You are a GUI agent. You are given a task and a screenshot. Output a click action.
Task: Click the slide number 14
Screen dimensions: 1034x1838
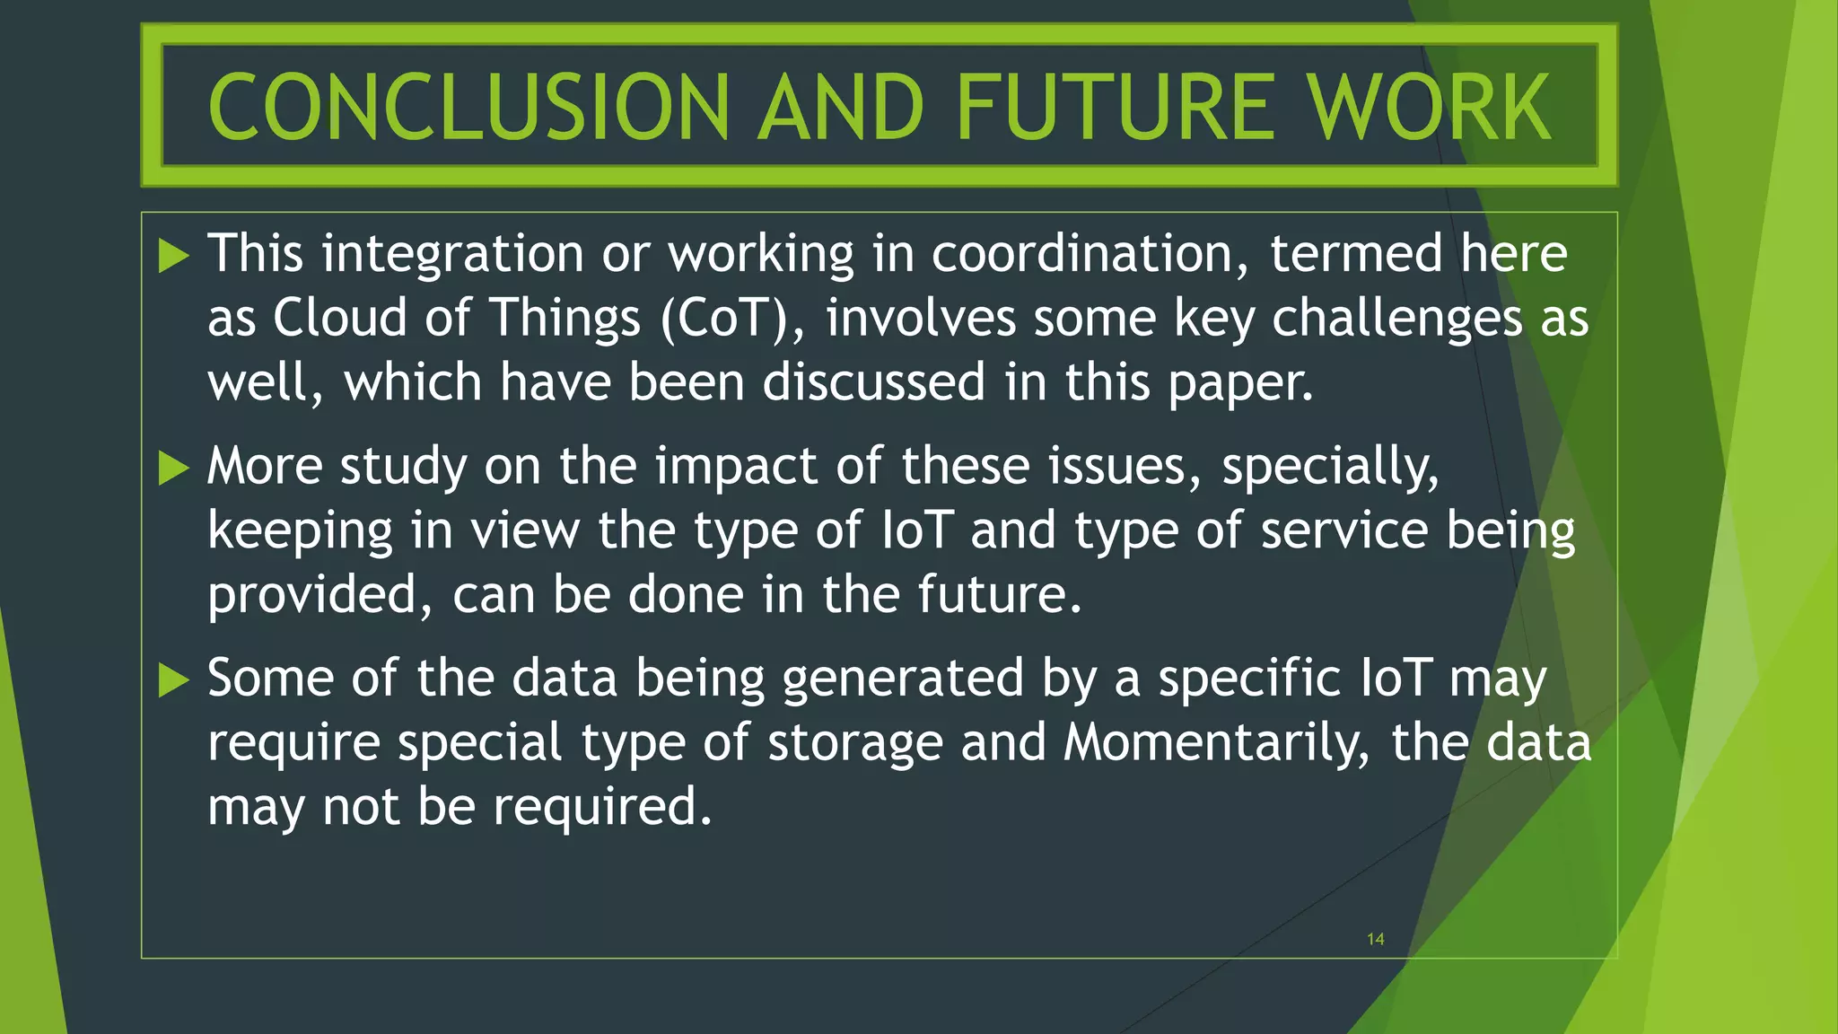pyautogui.click(x=1375, y=939)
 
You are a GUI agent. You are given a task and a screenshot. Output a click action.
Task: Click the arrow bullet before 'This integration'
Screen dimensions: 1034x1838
pyautogui.click(x=174, y=256)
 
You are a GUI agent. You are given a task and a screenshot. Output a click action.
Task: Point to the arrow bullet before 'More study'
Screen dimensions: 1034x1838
pyautogui.click(x=174, y=468)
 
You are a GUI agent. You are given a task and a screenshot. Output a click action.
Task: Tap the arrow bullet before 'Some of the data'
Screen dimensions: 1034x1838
pyautogui.click(x=174, y=679)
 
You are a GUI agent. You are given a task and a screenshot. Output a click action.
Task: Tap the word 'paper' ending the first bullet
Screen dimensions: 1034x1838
pyautogui.click(x=1239, y=383)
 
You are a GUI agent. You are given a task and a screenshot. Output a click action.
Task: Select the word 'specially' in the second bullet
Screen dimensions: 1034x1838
pyautogui.click(x=1329, y=467)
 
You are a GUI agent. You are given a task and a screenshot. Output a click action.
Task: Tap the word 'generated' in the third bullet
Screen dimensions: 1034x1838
pyautogui.click(x=903, y=679)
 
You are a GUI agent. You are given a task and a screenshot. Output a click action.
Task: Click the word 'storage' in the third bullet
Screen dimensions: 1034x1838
pyautogui.click(x=855, y=743)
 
